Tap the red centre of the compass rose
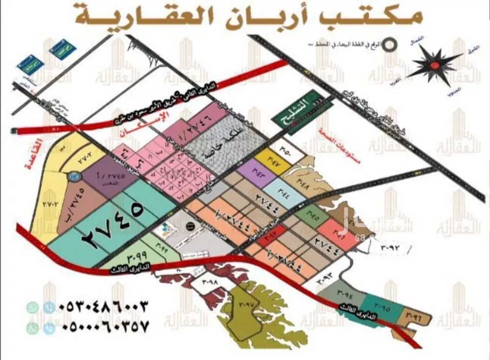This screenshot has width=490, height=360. (434, 64)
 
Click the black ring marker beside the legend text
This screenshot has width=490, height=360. (389, 44)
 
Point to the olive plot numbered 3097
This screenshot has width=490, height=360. (246, 305)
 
